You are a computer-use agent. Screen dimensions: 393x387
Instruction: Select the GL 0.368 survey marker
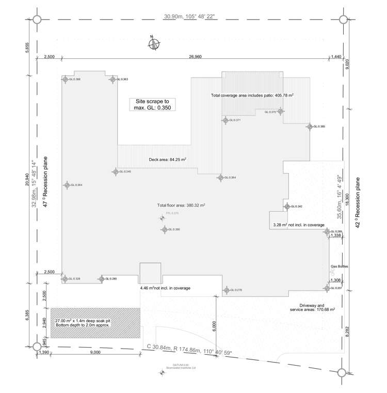[66, 80]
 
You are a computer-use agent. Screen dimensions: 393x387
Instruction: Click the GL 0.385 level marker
[310, 127]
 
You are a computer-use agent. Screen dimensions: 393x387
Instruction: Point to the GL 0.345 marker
[116, 171]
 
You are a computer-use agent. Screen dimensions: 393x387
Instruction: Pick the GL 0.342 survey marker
[287, 207]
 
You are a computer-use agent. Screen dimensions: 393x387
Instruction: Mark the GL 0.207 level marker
[327, 288]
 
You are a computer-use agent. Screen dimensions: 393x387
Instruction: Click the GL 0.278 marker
[227, 290]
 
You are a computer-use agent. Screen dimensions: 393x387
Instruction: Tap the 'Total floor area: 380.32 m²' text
[181, 205]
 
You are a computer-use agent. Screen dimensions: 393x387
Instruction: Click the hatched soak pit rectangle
[95, 323]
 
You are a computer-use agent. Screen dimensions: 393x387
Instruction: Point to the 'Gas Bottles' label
[340, 266]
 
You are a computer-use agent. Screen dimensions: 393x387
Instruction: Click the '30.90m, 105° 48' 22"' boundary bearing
[190, 17]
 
